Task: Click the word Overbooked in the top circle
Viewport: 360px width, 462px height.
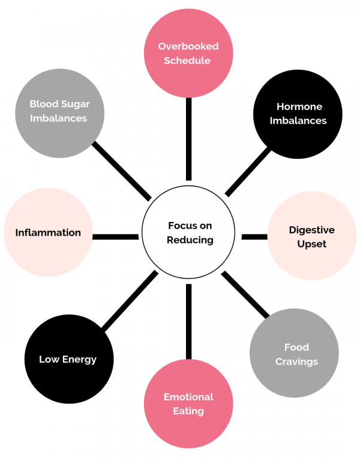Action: [188, 46]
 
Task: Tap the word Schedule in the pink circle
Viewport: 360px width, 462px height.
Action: [188, 61]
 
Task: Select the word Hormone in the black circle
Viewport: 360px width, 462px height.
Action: [299, 107]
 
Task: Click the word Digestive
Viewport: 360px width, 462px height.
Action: [311, 230]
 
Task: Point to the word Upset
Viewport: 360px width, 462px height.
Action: [311, 244]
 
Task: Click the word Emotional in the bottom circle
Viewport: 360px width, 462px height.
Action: [188, 397]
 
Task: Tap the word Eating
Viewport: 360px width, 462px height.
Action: [188, 411]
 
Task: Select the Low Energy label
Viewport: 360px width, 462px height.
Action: [68, 359]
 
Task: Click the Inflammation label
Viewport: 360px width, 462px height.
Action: [48, 232]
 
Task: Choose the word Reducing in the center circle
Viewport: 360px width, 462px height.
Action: [190, 240]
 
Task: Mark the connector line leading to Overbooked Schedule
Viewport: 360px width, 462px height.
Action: [188, 138]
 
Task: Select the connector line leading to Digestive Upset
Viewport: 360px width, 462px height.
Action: [254, 237]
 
